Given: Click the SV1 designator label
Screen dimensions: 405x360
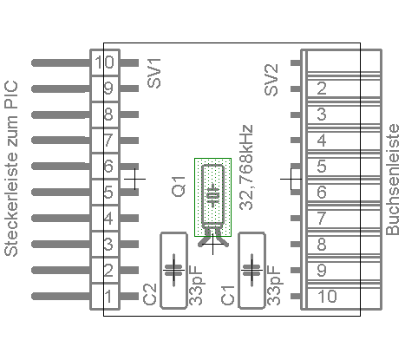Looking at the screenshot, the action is [x=154, y=73].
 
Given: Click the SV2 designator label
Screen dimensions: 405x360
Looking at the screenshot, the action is [x=271, y=80].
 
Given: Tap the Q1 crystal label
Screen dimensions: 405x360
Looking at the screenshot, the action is [x=179, y=187].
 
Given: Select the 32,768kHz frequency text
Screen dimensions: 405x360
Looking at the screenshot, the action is [x=246, y=167].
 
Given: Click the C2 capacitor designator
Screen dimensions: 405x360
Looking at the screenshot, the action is [x=150, y=294].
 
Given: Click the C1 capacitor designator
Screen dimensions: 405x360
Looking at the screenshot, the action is [x=228, y=295].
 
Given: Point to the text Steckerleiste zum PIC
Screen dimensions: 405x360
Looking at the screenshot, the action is [x=11, y=168].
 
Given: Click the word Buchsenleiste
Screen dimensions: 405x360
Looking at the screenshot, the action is [x=393, y=180].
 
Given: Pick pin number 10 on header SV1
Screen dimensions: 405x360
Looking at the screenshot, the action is [x=105, y=62].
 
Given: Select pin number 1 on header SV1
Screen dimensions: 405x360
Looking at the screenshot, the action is [x=108, y=297].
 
